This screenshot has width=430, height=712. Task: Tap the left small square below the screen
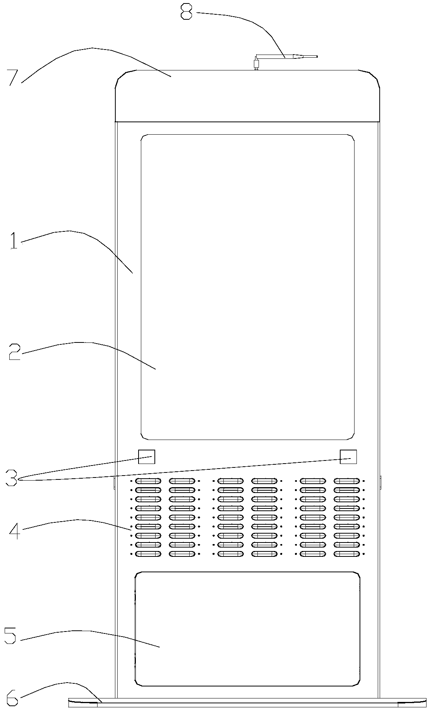coord(147,457)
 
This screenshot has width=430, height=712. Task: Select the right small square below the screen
coord(348,457)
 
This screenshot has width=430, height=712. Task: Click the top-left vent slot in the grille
coord(148,481)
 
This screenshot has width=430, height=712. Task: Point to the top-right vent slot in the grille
coord(347,481)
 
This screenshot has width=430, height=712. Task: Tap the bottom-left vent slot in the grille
coord(148,554)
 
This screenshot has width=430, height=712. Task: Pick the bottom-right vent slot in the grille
coord(347,554)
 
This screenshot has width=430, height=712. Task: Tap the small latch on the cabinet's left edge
coord(114,482)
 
